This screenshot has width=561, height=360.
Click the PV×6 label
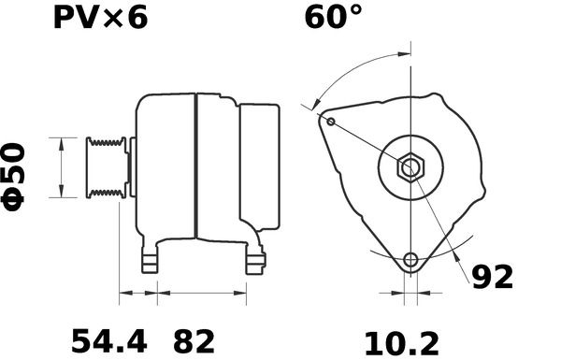[x=101, y=18]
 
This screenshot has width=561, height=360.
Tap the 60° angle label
[x=334, y=17]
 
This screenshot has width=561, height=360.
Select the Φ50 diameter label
[x=14, y=177]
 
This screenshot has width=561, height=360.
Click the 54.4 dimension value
[x=109, y=341]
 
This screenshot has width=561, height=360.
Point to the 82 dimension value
[x=194, y=341]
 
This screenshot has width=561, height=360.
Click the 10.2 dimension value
[x=401, y=344]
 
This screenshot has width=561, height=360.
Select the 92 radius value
[x=493, y=277]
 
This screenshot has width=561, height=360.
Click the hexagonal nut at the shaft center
[x=410, y=167]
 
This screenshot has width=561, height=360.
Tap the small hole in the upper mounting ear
[x=331, y=122]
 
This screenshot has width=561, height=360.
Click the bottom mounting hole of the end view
[x=410, y=259]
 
